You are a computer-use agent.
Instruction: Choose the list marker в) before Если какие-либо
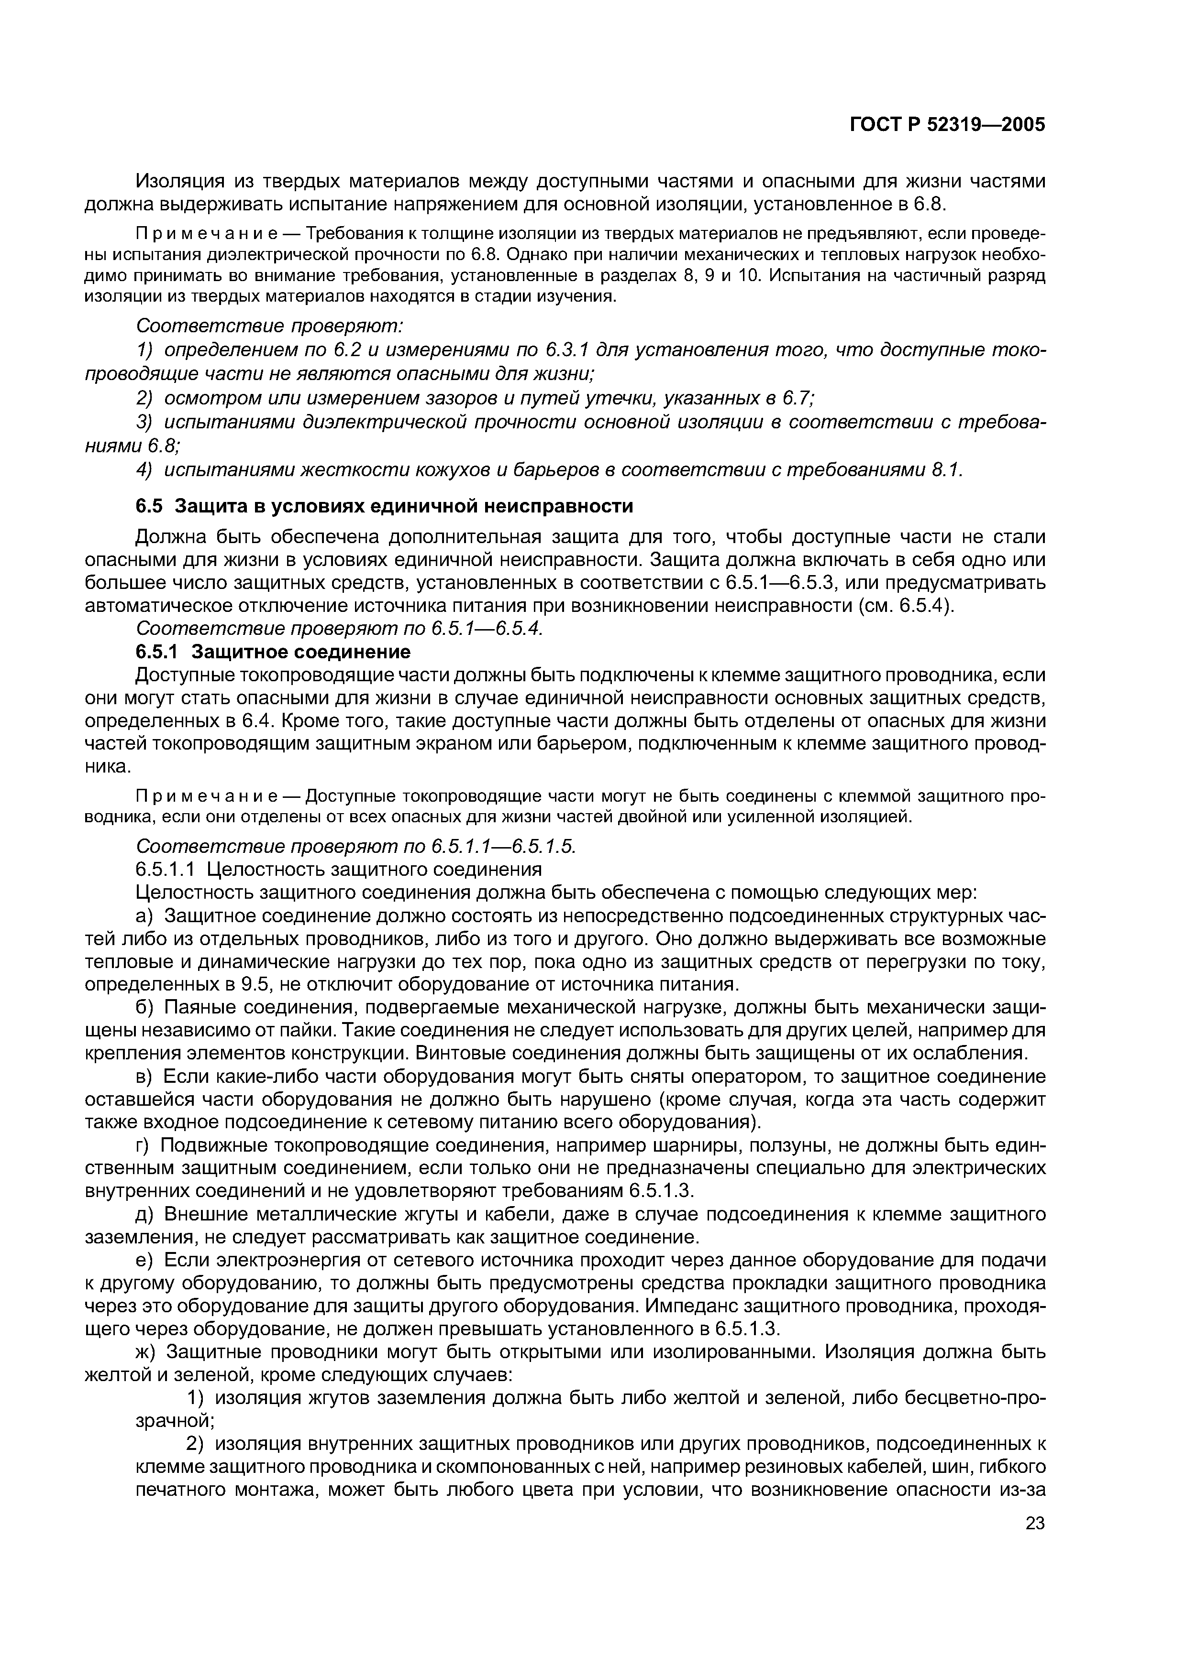click(147, 1077)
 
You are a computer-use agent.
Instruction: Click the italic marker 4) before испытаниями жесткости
click(146, 470)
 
